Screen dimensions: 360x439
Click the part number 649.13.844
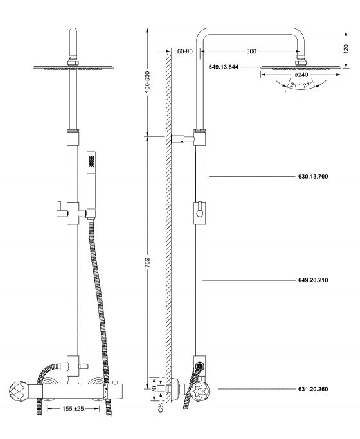point(224,67)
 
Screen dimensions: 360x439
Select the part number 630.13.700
point(313,176)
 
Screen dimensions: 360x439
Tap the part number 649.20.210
point(313,280)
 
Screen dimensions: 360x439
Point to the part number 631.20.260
point(313,389)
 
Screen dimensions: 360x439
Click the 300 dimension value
point(251,51)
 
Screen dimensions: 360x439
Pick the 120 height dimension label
point(346,49)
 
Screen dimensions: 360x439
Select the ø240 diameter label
point(301,75)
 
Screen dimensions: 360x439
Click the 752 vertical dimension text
point(147,263)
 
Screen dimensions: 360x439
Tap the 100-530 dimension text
point(147,82)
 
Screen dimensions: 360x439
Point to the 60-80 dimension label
point(185,51)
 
